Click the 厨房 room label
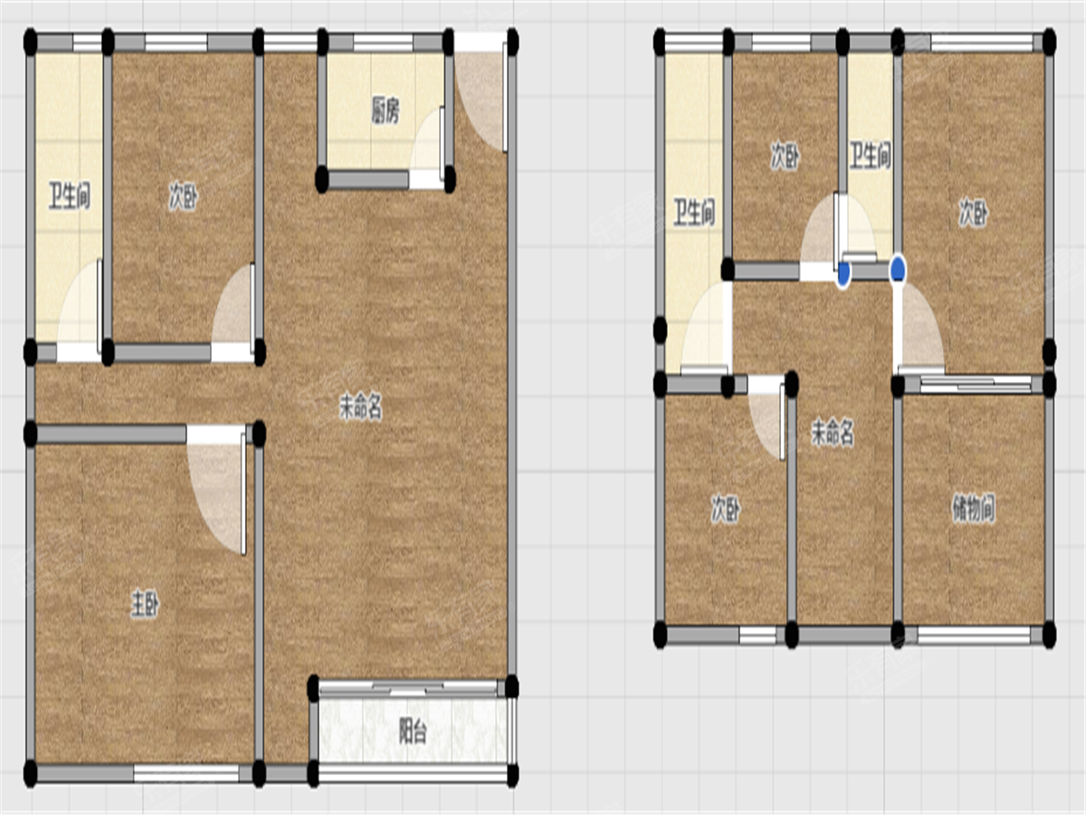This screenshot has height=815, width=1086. (x=386, y=110)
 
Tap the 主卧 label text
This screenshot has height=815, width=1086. (x=145, y=604)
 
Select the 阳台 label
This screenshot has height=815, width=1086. (x=413, y=732)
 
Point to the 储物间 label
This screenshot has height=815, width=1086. (x=973, y=509)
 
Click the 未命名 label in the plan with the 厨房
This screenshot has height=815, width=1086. (x=361, y=407)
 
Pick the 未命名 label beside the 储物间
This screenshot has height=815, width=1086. (x=833, y=433)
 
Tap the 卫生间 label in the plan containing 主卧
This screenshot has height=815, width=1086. (x=70, y=196)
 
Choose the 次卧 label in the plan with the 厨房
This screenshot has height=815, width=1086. (x=183, y=197)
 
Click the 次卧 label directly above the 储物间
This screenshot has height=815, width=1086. (x=973, y=213)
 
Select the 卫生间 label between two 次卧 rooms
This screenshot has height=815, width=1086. (x=871, y=156)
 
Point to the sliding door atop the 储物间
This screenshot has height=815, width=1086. (x=976, y=384)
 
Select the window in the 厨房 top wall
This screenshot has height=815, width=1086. (x=384, y=43)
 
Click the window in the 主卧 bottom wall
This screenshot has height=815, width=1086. (x=186, y=773)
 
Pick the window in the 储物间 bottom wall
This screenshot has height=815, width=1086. (x=974, y=635)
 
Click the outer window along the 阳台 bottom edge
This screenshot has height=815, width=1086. (x=413, y=773)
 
